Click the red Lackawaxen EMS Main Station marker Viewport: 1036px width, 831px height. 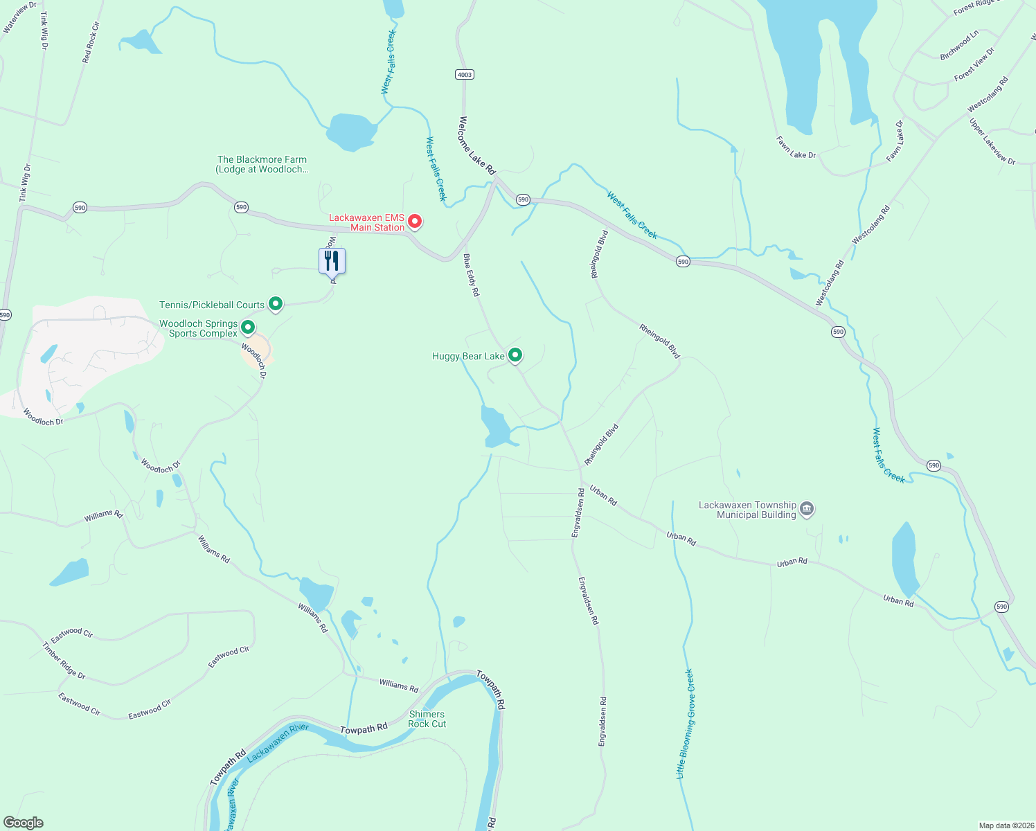(415, 222)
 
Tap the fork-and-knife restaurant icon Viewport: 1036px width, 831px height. (332, 261)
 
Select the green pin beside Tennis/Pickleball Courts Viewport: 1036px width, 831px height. (276, 304)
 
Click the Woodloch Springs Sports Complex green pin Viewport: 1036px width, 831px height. (248, 327)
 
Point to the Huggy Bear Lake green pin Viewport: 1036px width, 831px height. (515, 355)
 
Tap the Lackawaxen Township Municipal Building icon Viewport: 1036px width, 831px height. (806, 509)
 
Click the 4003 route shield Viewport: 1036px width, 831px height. (464, 75)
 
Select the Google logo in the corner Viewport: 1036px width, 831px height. (23, 823)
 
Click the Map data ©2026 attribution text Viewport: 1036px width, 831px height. (1006, 825)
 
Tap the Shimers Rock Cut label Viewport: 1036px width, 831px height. (427, 719)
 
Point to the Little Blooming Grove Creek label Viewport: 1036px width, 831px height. (684, 724)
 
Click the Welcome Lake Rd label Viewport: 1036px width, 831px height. (477, 145)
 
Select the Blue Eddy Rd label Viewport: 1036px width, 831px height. (471, 275)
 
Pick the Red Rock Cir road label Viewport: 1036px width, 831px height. (91, 42)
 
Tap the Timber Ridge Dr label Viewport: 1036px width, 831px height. (64, 661)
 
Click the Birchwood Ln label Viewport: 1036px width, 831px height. (959, 45)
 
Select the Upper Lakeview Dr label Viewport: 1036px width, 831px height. (992, 142)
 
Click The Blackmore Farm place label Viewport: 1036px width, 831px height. (262, 164)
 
